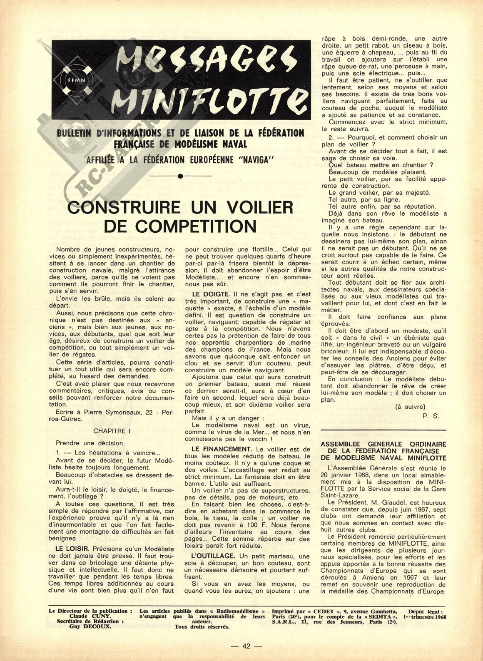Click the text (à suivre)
point(411,407)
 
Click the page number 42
point(246,646)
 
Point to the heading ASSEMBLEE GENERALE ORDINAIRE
point(383,445)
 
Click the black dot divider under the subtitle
point(180,176)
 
